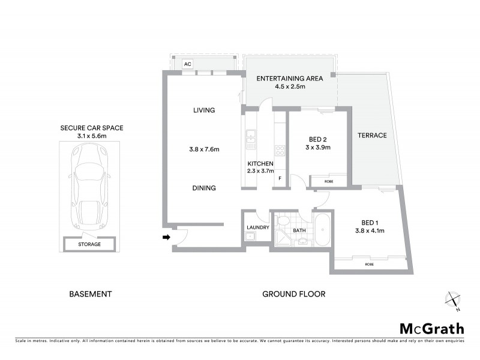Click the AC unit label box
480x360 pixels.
tap(187, 64)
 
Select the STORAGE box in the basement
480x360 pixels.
tap(89, 244)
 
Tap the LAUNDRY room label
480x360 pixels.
tap(257, 227)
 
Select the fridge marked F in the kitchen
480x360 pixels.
tap(280, 179)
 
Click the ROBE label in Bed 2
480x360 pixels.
tap(328, 181)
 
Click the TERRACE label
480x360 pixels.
tap(372, 136)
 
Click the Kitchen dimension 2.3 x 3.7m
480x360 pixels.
tap(261, 171)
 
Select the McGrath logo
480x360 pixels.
tap(431, 328)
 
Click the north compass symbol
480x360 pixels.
tap(453, 301)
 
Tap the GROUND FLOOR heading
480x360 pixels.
tap(293, 294)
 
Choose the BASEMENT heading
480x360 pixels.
tap(91, 294)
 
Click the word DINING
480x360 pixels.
tap(204, 188)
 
